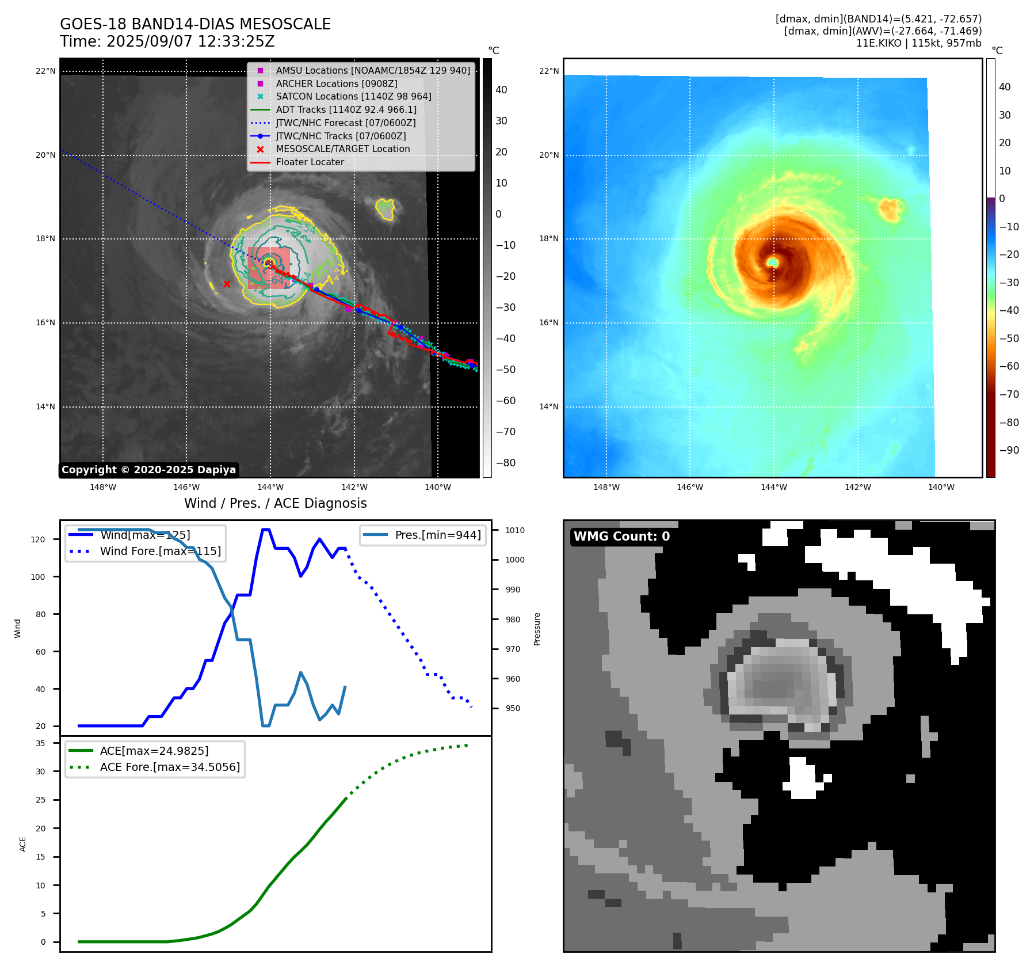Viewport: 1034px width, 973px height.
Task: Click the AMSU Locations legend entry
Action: click(372, 70)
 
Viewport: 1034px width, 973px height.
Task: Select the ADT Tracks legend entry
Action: click(346, 109)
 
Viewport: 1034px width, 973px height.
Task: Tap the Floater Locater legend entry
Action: click(310, 162)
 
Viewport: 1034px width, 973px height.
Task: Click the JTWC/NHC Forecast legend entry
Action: click(345, 123)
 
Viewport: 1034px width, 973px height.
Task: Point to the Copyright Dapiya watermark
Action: click(148, 470)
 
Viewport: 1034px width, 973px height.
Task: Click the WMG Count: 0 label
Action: click(621, 537)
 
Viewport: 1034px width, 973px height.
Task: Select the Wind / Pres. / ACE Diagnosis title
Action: click(275, 503)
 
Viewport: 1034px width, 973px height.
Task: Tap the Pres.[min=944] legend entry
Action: click(437, 535)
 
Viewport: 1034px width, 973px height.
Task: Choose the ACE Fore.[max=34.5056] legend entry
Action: click(170, 767)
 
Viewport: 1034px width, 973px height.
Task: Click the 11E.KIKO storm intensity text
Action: click(918, 43)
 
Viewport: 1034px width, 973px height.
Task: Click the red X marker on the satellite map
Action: click(227, 284)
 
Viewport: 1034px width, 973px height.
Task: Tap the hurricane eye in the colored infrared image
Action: click(773, 262)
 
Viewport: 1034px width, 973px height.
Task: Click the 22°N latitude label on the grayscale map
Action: click(46, 71)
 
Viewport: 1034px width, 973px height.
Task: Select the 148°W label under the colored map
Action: click(606, 487)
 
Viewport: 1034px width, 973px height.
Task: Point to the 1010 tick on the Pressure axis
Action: click(515, 530)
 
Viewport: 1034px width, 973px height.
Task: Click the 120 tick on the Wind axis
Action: click(38, 539)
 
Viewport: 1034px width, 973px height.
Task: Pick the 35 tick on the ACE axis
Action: click(40, 743)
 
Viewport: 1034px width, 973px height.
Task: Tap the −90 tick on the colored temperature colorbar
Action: click(1009, 450)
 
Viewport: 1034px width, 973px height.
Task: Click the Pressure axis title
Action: click(537, 629)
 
